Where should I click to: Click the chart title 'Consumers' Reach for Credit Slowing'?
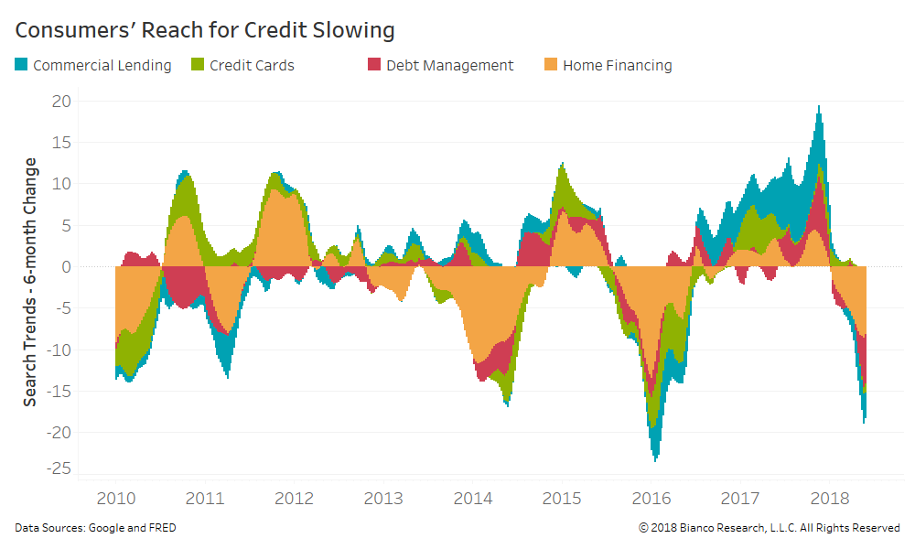tap(205, 30)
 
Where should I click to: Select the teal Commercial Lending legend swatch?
tap(21, 65)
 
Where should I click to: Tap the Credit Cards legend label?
tap(252, 66)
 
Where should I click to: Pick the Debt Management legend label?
tap(449, 66)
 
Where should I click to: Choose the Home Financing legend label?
tap(617, 66)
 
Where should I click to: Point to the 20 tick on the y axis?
tap(60, 101)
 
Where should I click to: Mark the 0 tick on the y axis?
tap(65, 266)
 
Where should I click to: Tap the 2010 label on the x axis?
tap(116, 499)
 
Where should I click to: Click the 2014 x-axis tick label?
tap(472, 499)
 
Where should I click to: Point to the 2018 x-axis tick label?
tap(828, 499)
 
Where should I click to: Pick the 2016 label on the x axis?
tap(651, 499)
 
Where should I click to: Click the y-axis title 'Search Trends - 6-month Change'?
tap(30, 282)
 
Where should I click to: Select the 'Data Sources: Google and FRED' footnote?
tap(96, 528)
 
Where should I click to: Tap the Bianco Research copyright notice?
tap(769, 528)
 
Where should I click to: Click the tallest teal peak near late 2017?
tap(818, 108)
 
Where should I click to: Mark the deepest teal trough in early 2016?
tap(656, 459)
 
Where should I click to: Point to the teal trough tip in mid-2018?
tap(864, 421)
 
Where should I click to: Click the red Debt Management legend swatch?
tap(373, 65)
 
